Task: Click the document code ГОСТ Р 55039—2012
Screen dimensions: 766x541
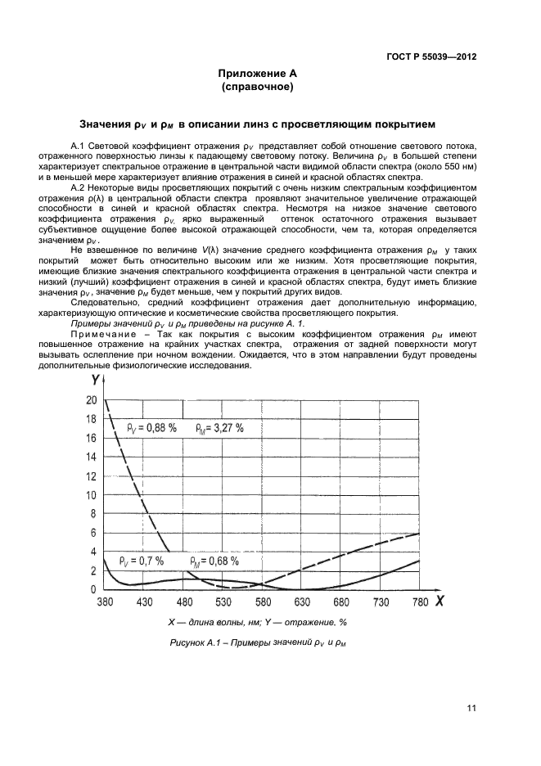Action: click(431, 57)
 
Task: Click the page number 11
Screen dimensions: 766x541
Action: click(471, 709)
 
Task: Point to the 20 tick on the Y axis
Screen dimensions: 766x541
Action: click(90, 400)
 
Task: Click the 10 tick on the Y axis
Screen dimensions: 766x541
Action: click(90, 495)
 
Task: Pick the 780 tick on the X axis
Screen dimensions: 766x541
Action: click(419, 602)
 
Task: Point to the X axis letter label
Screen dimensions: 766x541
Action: click(440, 602)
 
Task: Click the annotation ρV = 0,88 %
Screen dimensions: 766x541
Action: click(151, 427)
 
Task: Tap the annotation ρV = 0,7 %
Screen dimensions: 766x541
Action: click(141, 561)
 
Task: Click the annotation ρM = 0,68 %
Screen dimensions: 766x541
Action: click(214, 561)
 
